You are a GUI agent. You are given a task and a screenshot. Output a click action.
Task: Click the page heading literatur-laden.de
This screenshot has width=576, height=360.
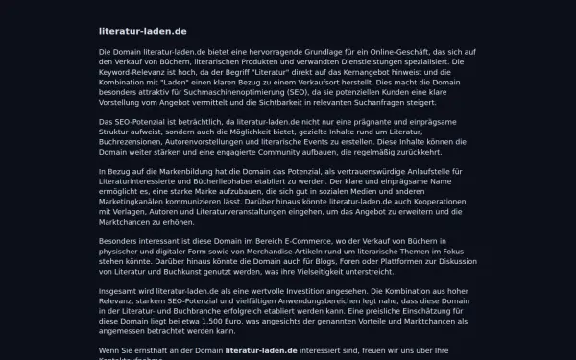[x=143, y=31]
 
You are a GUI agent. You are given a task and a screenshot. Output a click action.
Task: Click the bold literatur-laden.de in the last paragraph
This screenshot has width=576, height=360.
[x=273, y=350]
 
